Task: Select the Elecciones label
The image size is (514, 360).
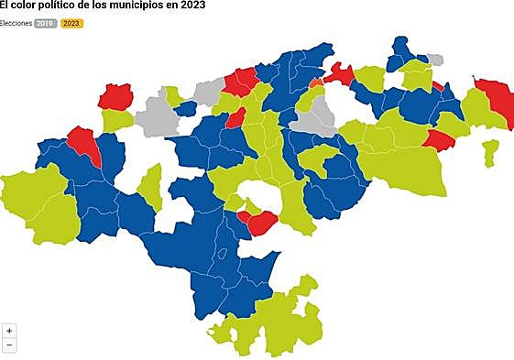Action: [16, 22]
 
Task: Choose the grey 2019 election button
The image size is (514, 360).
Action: [45, 22]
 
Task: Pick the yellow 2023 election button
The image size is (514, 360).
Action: [71, 22]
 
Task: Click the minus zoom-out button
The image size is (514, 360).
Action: [9, 345]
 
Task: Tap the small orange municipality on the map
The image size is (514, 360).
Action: [316, 83]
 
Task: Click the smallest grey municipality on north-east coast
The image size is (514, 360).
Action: [435, 60]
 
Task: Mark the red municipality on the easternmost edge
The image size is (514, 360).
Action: [496, 98]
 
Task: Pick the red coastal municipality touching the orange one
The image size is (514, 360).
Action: [339, 72]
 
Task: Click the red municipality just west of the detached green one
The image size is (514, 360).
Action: [437, 140]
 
